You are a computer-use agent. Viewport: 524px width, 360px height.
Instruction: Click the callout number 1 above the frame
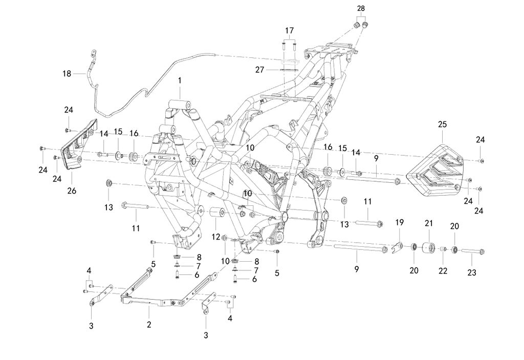[x=180, y=81]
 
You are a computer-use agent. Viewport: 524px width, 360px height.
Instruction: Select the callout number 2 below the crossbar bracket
[x=149, y=324]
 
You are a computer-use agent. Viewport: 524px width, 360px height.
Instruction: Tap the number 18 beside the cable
[x=67, y=74]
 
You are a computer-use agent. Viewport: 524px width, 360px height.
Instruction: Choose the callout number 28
[x=361, y=9]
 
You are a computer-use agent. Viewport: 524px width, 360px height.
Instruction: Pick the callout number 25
[x=443, y=124]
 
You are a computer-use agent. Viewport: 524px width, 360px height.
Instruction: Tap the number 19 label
[x=400, y=222]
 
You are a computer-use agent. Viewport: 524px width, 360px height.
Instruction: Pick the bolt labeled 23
[x=472, y=251]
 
